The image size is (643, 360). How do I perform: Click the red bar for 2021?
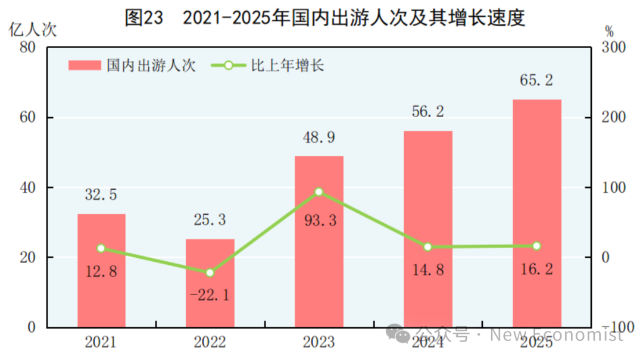[101, 271]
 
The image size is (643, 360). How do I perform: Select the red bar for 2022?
[210, 283]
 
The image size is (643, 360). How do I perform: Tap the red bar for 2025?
[537, 213]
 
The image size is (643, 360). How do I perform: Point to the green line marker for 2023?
[319, 192]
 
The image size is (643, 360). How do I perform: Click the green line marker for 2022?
[210, 273]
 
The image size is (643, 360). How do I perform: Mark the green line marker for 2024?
[427, 247]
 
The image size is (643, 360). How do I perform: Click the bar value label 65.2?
[536, 80]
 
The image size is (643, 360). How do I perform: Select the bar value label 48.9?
[319, 138]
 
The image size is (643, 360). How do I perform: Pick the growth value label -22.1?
[210, 295]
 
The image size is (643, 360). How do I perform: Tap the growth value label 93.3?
[320, 221]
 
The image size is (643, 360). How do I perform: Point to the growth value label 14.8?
[427, 270]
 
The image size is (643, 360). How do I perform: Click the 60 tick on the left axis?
[27, 117]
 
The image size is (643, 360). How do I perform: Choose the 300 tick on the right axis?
[614, 47]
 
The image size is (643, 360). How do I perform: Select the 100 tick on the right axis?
[614, 187]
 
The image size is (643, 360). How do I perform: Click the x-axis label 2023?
[319, 342]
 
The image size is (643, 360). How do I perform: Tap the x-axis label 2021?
[101, 342]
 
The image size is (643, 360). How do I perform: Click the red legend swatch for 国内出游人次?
[85, 65]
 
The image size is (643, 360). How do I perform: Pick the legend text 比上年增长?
[288, 65]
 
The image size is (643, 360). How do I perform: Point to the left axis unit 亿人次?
[33, 30]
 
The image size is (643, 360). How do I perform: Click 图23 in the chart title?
[144, 18]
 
